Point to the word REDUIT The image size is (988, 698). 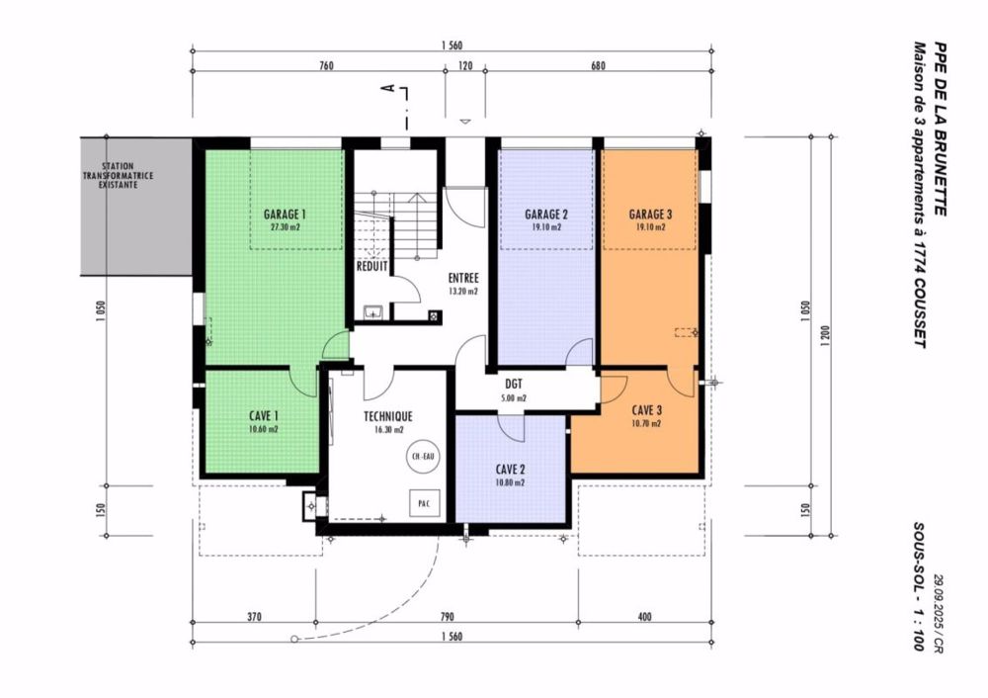(x=372, y=266)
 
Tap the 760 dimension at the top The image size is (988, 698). (x=327, y=66)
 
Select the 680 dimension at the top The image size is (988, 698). (x=597, y=66)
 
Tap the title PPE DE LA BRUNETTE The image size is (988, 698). (x=940, y=129)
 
